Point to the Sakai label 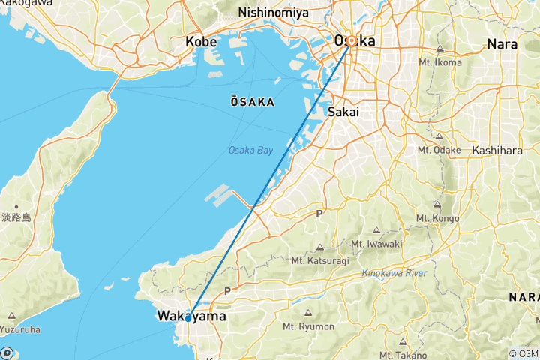click(x=343, y=111)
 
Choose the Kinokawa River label click(x=394, y=273)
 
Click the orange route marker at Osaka click(x=351, y=40)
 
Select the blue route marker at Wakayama click(x=187, y=317)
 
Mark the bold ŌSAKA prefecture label click(x=251, y=100)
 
